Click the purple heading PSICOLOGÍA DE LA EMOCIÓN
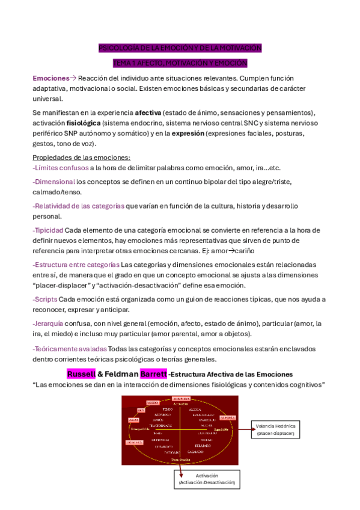point(180,48)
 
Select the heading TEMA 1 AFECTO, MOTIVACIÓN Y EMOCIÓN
point(180,63)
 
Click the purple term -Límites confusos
point(60,168)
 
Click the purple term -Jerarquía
point(49,323)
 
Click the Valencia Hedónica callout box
point(276,429)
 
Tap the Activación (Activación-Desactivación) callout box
point(207,479)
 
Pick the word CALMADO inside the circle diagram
point(196,452)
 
